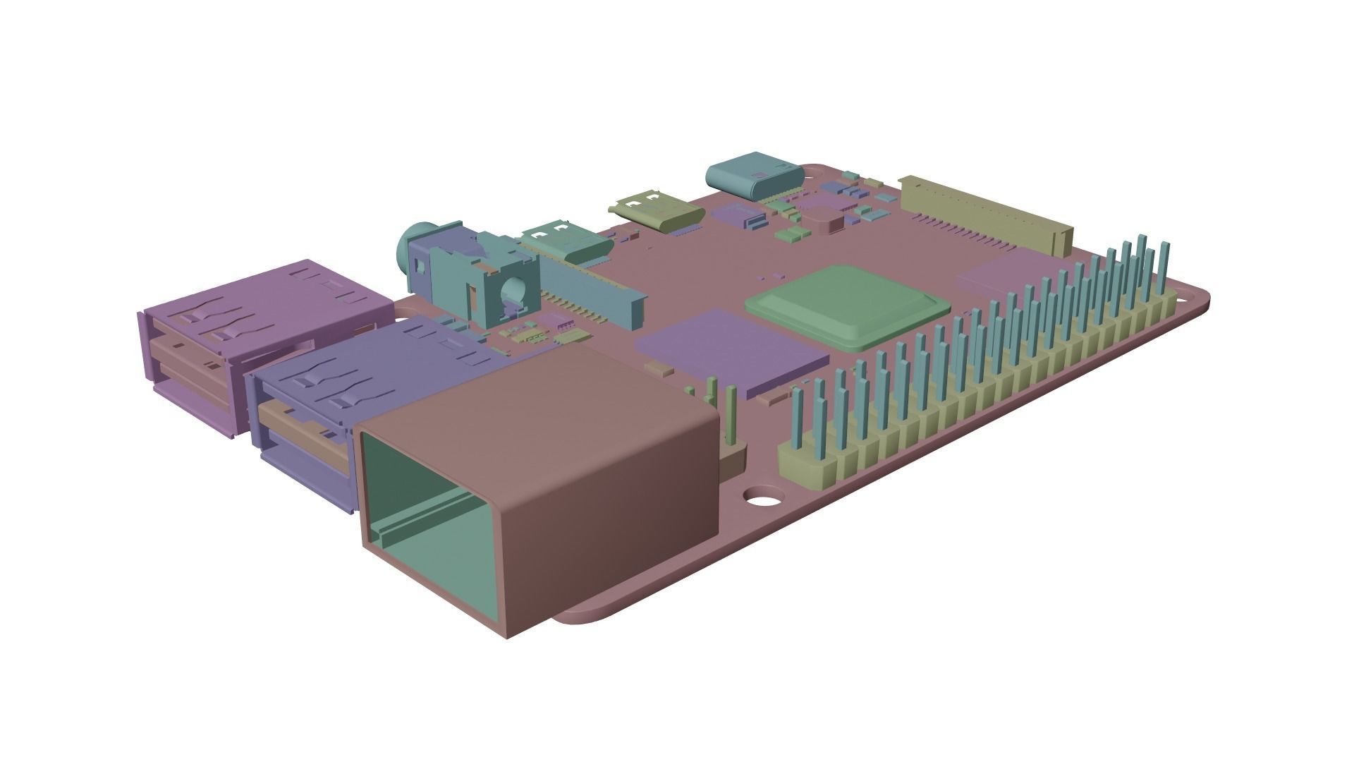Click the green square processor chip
pos(846,305)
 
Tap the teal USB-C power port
pos(755,176)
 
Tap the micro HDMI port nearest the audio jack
pos(564,240)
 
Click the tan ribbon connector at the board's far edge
pos(987,212)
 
